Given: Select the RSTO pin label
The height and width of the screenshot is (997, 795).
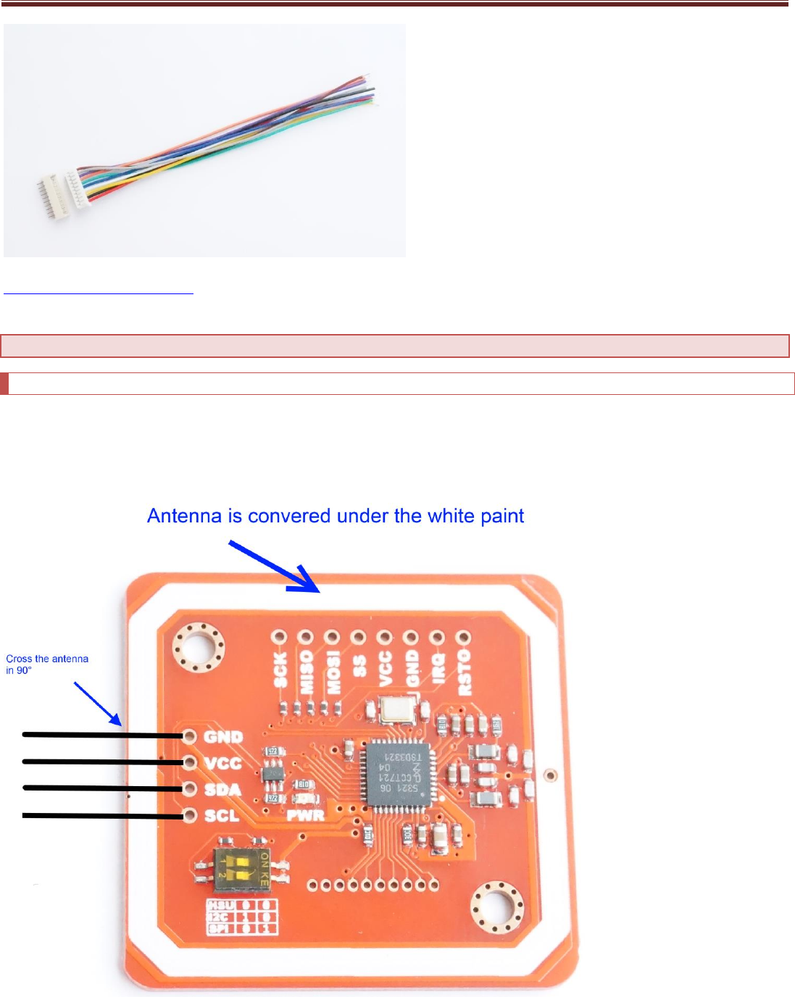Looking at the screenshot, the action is click(464, 672).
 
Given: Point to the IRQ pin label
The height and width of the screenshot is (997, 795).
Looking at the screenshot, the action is click(438, 667).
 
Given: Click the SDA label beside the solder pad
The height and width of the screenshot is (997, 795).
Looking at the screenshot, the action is click(222, 789).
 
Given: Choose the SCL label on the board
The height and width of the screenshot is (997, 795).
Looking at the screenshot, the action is click(222, 816).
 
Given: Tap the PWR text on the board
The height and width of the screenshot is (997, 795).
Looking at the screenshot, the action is click(306, 814).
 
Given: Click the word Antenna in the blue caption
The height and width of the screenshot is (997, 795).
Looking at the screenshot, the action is click(185, 517).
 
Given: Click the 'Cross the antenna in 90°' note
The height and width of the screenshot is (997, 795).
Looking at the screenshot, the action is click(47, 664).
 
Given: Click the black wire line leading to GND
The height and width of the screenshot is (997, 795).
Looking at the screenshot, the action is click(101, 735).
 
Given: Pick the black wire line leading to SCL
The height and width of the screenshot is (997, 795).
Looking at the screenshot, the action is click(101, 816).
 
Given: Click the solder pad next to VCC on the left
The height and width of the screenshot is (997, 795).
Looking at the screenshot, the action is click(190, 763).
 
